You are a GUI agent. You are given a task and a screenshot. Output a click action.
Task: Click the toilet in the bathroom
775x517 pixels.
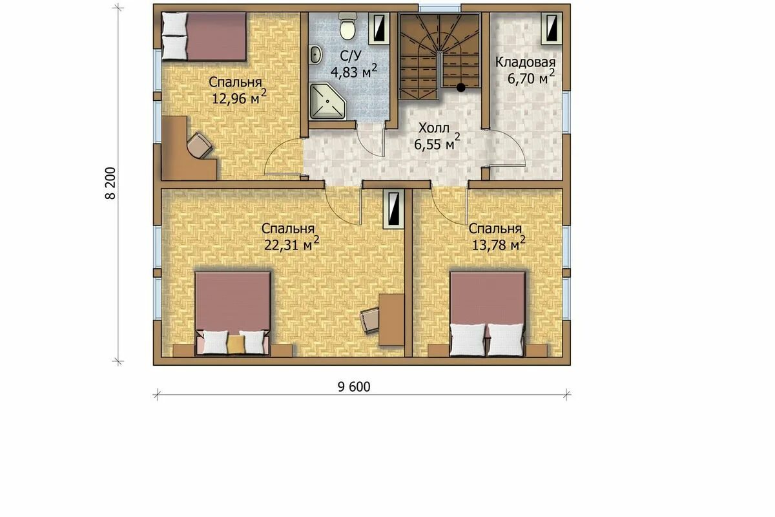[x=347, y=26]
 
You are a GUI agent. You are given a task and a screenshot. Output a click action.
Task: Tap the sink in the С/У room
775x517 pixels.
[x=316, y=55]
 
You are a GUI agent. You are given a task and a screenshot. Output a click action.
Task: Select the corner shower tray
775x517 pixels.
[x=327, y=101]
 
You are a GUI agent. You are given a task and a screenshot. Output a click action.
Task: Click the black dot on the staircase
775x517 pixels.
[x=460, y=88]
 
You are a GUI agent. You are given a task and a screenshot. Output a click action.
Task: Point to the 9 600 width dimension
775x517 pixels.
[x=354, y=387]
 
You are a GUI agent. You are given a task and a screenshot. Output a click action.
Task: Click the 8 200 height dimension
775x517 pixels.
[x=110, y=183]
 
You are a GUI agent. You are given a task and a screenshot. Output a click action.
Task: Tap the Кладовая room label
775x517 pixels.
[x=525, y=62]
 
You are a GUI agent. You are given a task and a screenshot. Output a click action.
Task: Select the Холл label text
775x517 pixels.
[x=434, y=128]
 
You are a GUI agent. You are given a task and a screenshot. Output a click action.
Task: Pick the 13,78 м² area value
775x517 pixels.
[x=499, y=244]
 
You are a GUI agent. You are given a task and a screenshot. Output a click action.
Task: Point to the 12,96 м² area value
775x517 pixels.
[x=239, y=98]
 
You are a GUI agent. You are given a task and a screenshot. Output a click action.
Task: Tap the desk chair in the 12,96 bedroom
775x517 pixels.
[x=200, y=145]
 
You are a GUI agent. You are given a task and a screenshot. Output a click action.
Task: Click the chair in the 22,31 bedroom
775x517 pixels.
[x=370, y=321]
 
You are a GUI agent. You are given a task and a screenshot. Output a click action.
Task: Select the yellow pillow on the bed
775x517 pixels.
[x=236, y=344]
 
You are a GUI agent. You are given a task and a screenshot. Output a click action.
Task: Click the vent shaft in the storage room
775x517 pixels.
[x=552, y=28]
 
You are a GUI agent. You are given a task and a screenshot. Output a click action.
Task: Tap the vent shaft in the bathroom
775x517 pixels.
[x=379, y=28]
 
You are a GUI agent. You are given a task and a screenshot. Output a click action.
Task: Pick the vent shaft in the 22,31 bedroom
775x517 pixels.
[x=394, y=209]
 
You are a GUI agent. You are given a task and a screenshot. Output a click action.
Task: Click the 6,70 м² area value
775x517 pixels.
[x=531, y=78]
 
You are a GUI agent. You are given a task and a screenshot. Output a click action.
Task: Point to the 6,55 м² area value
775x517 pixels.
[x=437, y=143]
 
